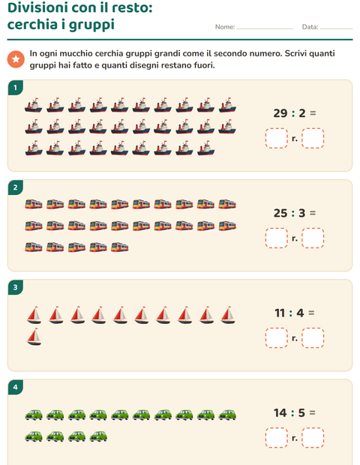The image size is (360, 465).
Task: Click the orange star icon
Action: coord(16,59)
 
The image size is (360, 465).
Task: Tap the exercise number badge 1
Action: coord(16,88)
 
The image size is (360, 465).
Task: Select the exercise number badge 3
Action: coord(16,287)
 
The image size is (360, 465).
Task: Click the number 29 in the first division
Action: coord(280,113)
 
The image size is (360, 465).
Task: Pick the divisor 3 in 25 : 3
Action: coord(302,213)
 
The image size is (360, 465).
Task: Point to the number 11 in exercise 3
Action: coord(280,313)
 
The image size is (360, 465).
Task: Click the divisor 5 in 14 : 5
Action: coord(301,412)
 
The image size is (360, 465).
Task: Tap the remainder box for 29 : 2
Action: coord(313,138)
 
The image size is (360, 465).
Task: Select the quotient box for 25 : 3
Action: coord(277,238)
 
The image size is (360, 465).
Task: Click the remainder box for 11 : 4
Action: coord(313,337)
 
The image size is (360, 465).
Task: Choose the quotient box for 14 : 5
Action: coord(277,438)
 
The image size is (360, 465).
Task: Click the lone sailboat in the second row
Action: coord(34,337)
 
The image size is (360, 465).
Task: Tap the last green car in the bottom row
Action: coord(98,436)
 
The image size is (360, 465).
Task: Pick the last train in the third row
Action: coord(120,247)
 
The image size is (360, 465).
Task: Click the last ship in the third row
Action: coord(205,148)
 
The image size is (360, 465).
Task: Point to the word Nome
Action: coord(225,27)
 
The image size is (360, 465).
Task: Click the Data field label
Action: coord(310,27)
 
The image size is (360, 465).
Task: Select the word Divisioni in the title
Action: coord(37,7)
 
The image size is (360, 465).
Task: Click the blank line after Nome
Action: coord(265,29)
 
